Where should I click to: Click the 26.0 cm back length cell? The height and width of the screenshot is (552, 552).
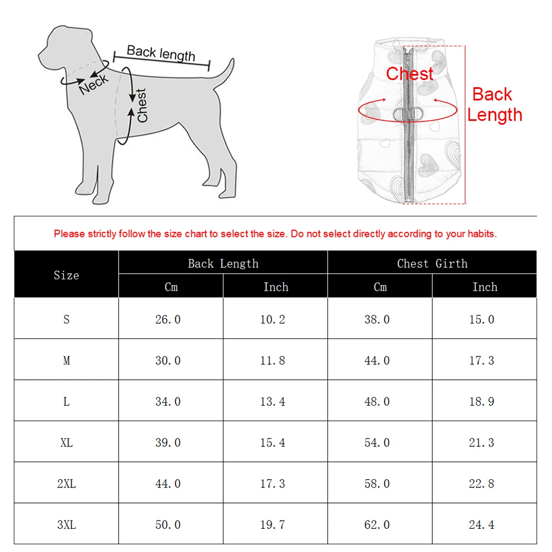[x=168, y=319]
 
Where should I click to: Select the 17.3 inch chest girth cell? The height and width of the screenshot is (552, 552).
[x=481, y=360]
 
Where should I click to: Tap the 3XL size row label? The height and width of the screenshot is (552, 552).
[x=66, y=524]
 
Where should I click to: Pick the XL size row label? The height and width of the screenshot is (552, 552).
[x=66, y=443]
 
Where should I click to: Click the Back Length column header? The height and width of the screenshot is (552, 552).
[x=223, y=263]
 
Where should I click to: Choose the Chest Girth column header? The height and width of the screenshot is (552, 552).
[x=432, y=263]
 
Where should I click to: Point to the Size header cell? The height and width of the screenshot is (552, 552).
[x=66, y=275]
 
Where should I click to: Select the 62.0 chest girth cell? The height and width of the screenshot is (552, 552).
[x=377, y=524]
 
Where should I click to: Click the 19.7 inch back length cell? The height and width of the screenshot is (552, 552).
[x=273, y=524]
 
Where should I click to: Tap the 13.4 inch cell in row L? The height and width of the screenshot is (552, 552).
[x=273, y=401]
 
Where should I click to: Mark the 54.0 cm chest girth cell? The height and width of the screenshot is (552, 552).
[x=377, y=443]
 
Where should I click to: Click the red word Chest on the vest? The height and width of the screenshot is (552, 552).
[x=410, y=73]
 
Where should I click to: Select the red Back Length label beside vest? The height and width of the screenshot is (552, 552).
[x=494, y=104]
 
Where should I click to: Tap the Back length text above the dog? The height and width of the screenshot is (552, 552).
[x=161, y=54]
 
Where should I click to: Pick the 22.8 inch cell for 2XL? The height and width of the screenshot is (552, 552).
[x=481, y=484]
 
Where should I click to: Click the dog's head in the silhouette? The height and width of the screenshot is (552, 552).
[x=63, y=47]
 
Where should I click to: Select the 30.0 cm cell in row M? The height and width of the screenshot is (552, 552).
[x=168, y=360]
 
